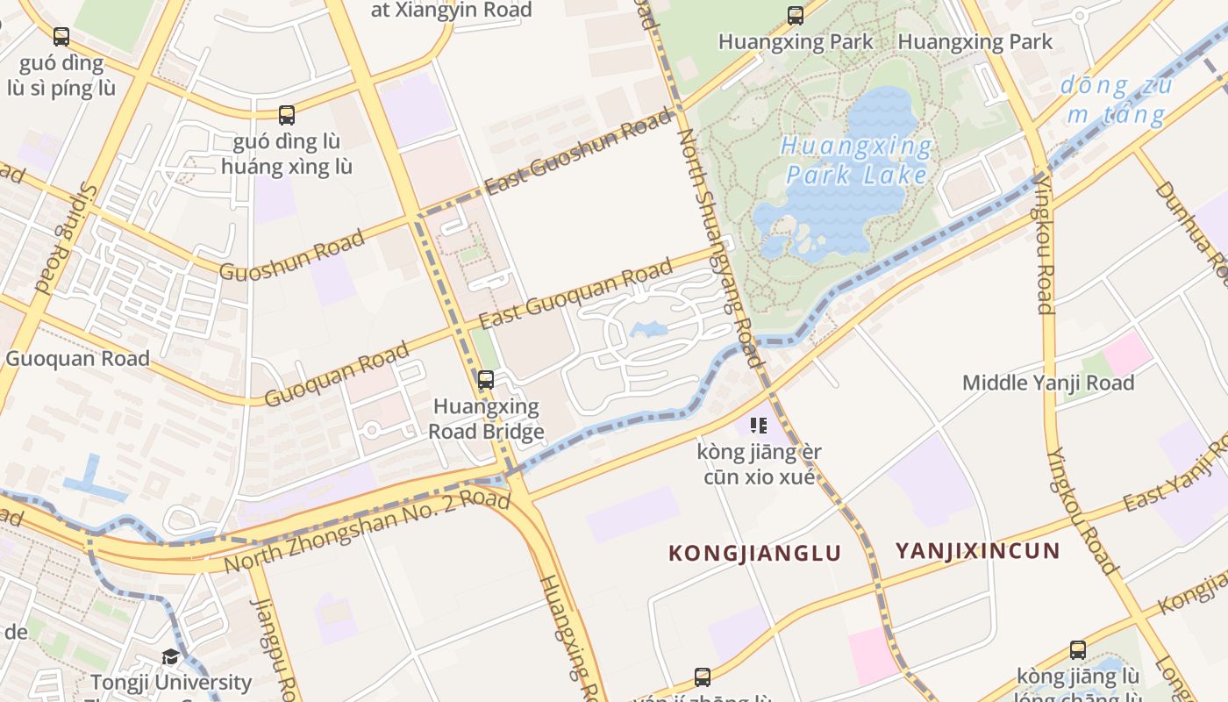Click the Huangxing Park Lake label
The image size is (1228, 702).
click(856, 160)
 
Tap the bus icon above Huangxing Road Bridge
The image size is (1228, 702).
click(485, 380)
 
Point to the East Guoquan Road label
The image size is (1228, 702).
click(575, 292)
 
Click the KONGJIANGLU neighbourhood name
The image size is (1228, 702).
click(754, 553)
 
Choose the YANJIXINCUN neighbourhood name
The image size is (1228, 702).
click(977, 551)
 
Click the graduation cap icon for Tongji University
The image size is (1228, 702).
click(170, 657)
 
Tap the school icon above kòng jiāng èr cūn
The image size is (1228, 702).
click(759, 426)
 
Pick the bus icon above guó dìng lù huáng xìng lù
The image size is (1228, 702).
click(287, 115)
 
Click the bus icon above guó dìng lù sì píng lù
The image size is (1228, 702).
click(61, 37)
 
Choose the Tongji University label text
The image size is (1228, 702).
click(171, 682)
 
